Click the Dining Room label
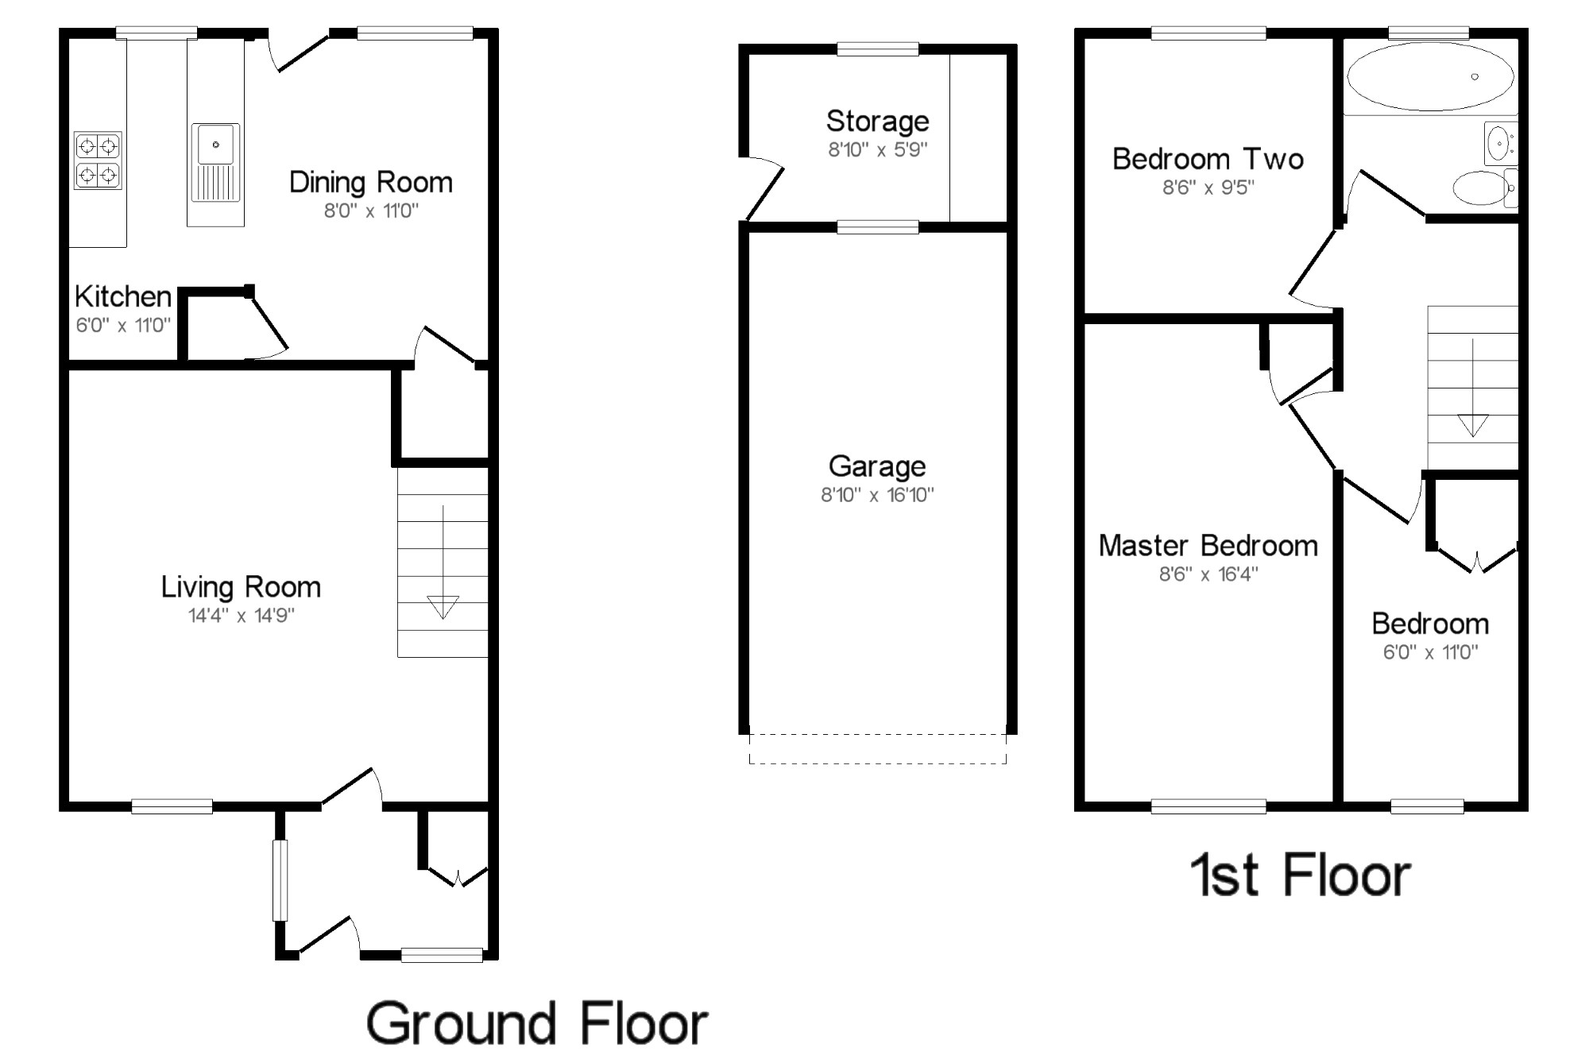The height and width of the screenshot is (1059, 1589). tap(371, 183)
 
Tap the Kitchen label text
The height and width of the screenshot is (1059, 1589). tap(123, 296)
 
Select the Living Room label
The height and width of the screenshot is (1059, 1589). tap(242, 588)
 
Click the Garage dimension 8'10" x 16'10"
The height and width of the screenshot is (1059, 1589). tap(877, 495)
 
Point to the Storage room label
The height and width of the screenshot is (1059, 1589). tap(878, 122)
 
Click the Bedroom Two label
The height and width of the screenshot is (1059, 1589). tap(1208, 159)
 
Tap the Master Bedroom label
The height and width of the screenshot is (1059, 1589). tap(1208, 546)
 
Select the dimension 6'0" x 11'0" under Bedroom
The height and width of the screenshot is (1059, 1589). tap(1430, 652)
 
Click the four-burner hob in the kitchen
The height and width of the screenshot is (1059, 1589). tap(98, 160)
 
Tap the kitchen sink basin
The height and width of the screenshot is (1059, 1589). tap(215, 144)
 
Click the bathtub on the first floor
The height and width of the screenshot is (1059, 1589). tap(1430, 76)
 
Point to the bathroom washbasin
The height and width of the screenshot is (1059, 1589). tap(1500, 144)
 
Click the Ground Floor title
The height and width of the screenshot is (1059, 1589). tap(537, 1023)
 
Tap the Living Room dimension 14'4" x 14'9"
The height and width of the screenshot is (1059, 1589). tap(242, 616)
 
